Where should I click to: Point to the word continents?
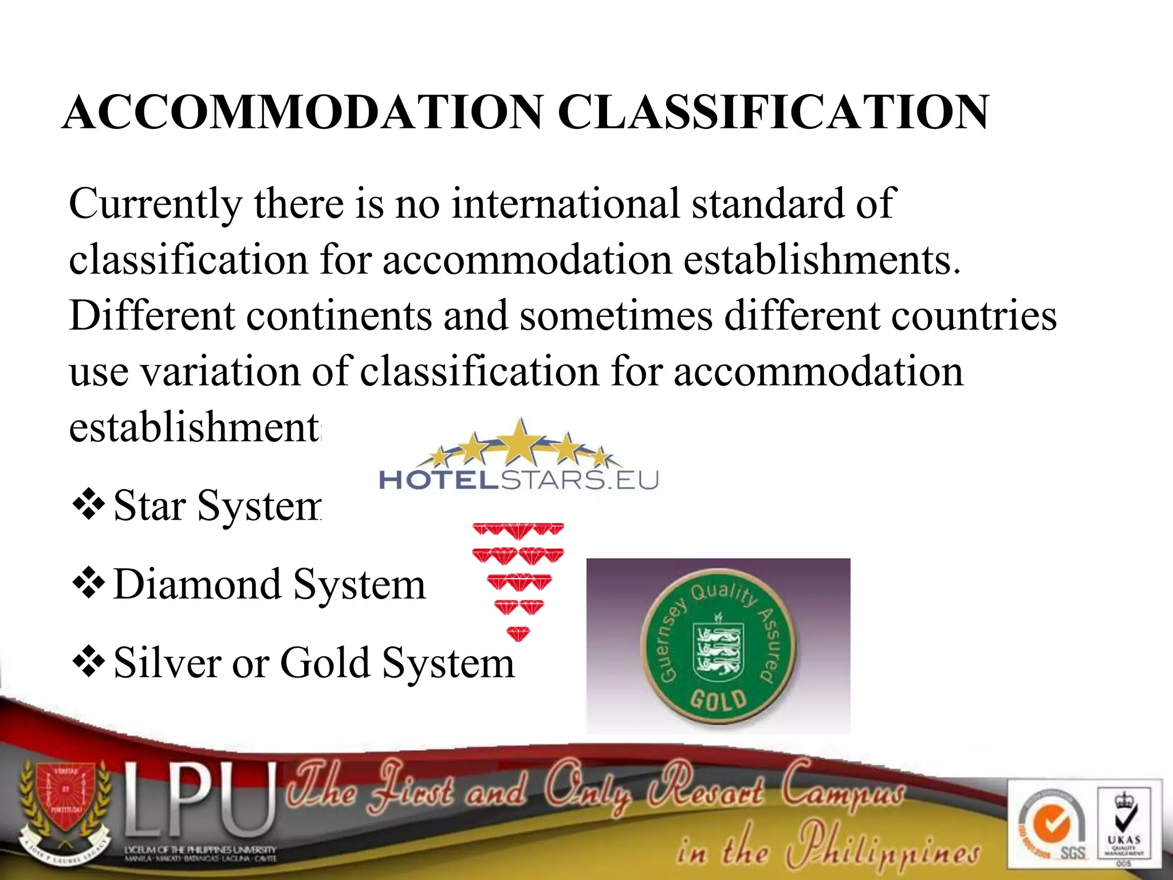coord(339,316)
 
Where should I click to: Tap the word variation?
coord(220,372)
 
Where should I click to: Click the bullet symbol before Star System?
coord(89,505)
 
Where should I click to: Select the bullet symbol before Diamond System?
coord(89,583)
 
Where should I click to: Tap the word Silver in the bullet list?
coord(167,663)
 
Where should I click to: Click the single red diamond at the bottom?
coord(518,634)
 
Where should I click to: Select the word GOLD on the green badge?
coord(718,700)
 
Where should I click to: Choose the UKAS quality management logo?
coord(1124,825)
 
